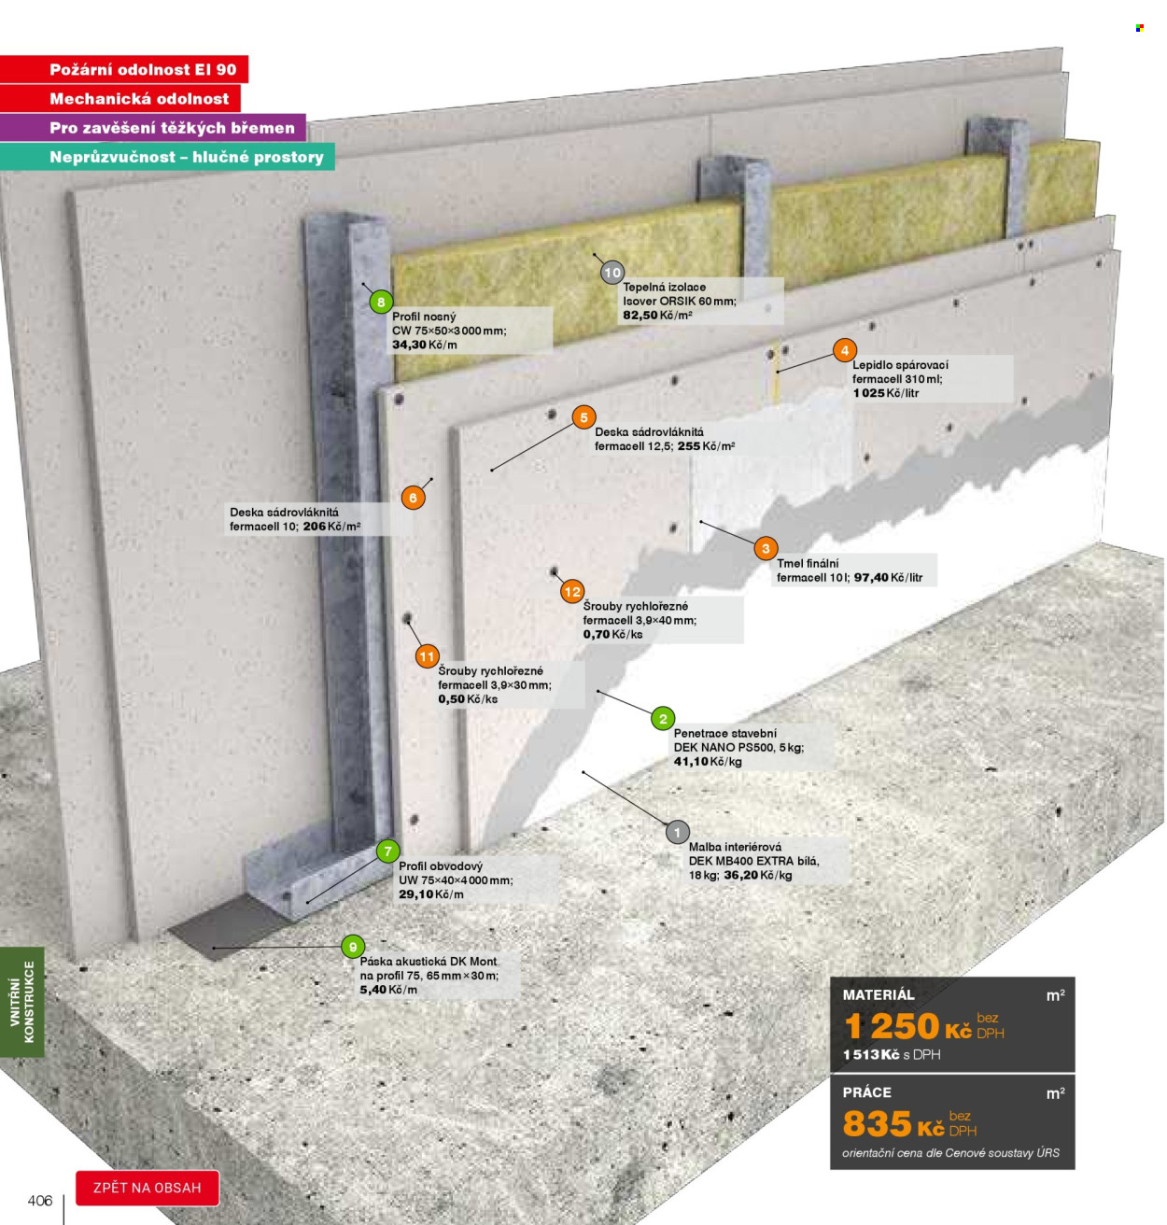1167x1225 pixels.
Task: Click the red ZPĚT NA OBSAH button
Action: coord(148,1188)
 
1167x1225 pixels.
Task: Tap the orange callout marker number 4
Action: coord(844,350)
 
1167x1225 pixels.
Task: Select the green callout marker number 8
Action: coord(381,303)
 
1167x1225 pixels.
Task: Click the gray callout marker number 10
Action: coord(612,273)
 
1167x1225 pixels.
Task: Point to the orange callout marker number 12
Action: coord(572,591)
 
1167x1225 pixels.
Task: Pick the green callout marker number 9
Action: coord(353,947)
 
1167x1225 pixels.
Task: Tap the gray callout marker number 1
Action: coord(677,832)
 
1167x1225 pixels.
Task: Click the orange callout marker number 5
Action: coord(583,416)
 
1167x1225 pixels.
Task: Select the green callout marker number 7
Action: coord(387,852)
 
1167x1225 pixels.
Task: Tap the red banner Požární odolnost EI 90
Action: coord(124,69)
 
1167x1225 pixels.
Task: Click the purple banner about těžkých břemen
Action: coord(153,128)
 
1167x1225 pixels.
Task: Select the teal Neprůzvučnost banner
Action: coord(167,157)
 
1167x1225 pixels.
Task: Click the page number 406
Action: coord(40,1201)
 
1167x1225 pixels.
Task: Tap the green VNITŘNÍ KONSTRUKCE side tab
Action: coord(21,1002)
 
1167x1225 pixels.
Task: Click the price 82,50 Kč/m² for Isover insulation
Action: coord(657,316)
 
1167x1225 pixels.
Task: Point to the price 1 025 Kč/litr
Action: coord(885,393)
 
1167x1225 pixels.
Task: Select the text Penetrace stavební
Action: coord(724,733)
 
